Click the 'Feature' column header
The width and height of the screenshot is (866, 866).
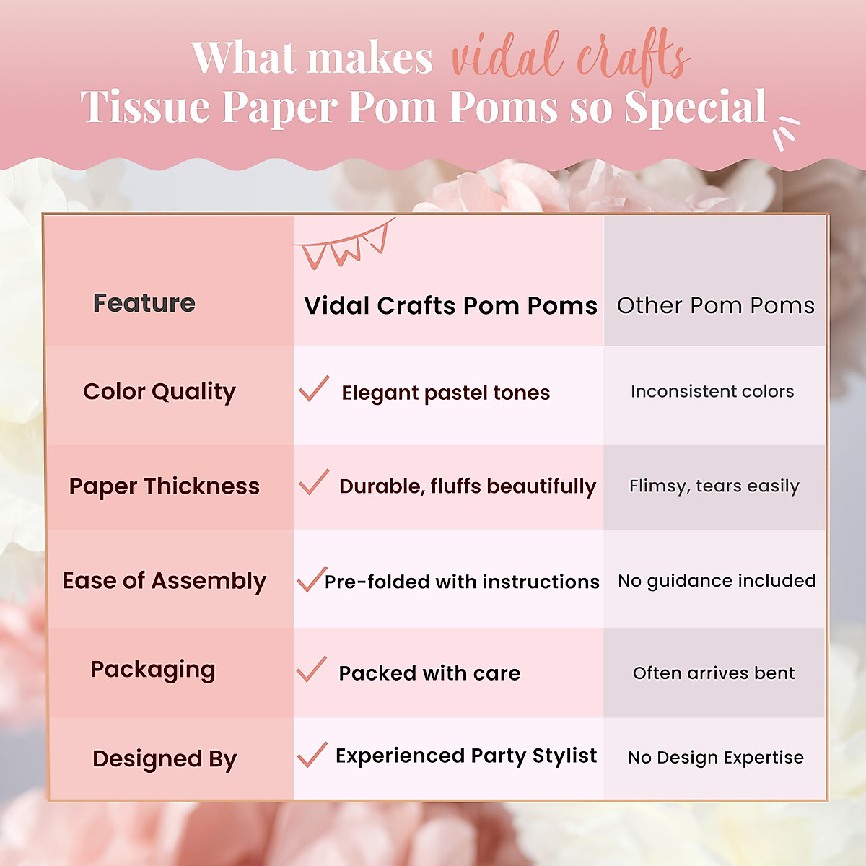[x=144, y=303]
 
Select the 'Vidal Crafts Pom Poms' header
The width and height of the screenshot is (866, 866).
[x=450, y=306]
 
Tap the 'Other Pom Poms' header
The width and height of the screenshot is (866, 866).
[x=715, y=305]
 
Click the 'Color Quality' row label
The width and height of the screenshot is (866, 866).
[x=159, y=392]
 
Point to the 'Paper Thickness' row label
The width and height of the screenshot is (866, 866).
[x=165, y=486]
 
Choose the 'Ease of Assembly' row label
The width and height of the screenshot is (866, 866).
[x=165, y=581]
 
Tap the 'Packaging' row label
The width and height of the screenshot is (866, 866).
[x=153, y=670]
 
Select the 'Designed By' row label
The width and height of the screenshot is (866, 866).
[x=165, y=759]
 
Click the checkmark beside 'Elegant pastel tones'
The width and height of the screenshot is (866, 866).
[x=314, y=389]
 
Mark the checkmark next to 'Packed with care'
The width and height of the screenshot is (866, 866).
[x=312, y=670]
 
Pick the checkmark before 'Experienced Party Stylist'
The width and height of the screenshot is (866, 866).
[x=312, y=755]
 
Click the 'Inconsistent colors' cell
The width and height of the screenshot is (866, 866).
[x=712, y=392]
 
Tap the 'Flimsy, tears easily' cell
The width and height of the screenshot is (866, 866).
[x=714, y=486]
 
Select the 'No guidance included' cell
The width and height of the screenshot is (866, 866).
[x=717, y=581]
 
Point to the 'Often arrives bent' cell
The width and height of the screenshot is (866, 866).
[x=714, y=673]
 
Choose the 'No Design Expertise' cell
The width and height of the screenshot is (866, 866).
[x=716, y=758]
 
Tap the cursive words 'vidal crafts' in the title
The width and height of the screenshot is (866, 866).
[x=570, y=56]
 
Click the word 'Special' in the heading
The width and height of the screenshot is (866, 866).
[x=695, y=108]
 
